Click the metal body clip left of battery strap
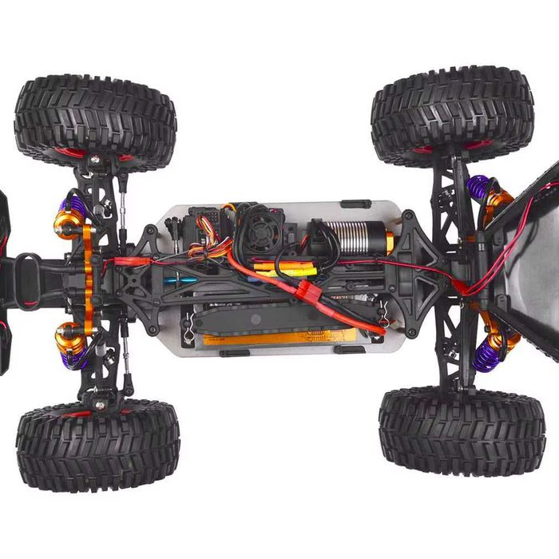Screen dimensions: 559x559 tap(188, 329)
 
